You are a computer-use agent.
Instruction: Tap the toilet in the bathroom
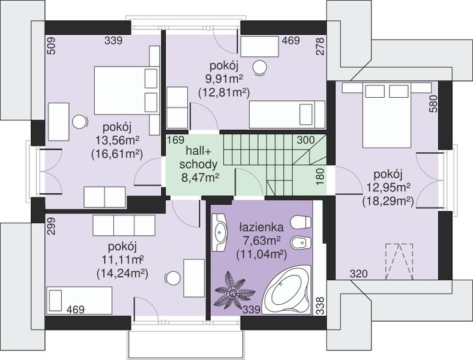point(301,222)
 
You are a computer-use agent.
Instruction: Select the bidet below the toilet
point(301,243)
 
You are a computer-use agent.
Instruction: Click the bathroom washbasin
point(219,232)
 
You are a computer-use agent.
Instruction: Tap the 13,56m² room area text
point(117,140)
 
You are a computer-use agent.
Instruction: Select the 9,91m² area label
point(224,79)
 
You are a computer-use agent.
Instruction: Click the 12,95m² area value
point(388,188)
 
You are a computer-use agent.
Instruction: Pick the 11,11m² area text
point(122,260)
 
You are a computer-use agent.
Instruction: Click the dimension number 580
point(433,104)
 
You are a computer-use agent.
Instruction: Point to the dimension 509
point(52,46)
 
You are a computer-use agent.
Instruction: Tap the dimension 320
point(359,274)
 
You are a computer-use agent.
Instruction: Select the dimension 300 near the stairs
point(306,140)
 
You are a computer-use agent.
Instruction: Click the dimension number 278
point(321,46)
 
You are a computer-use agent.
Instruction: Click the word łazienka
point(261,226)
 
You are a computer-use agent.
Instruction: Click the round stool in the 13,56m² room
point(80,122)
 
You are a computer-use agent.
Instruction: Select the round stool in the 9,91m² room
point(260,68)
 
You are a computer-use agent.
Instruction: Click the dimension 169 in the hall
point(176,140)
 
